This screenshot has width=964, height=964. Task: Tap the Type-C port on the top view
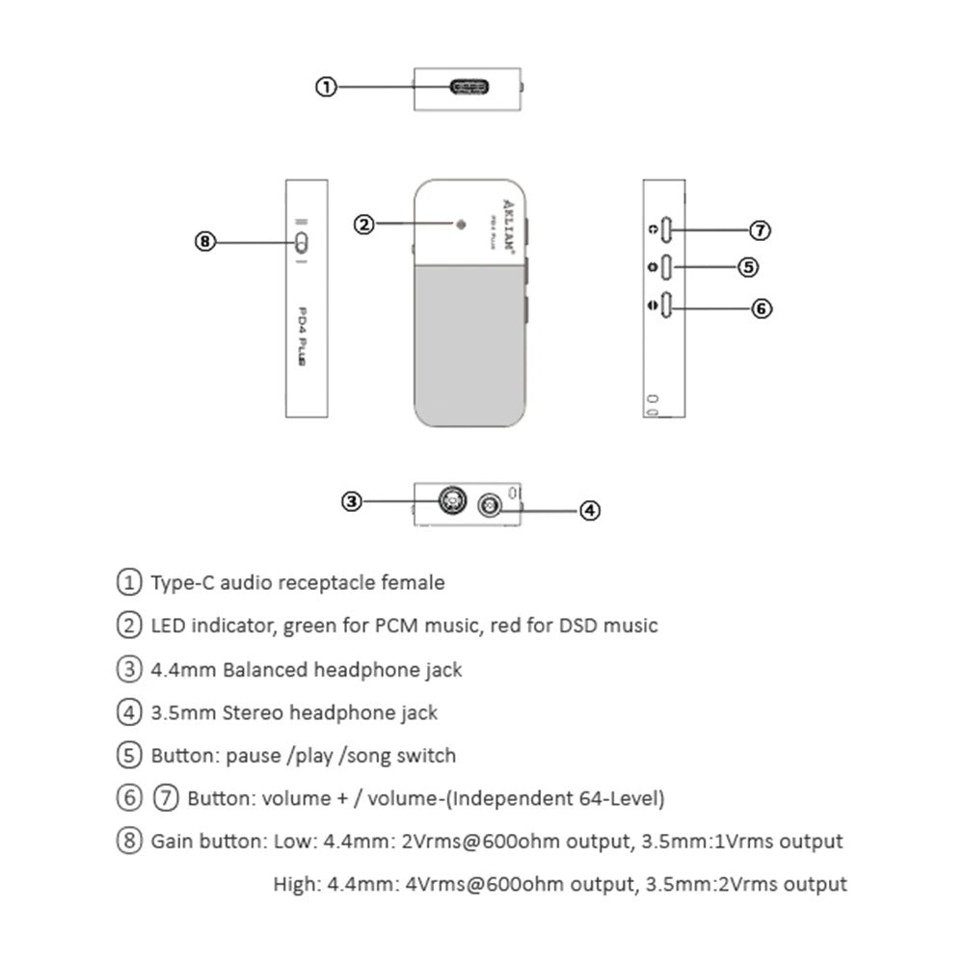pyautogui.click(x=469, y=88)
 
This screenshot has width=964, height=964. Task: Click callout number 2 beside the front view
pyautogui.click(x=363, y=225)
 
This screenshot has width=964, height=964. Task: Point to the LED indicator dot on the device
pyautogui.click(x=460, y=225)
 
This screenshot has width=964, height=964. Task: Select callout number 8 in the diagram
pyautogui.click(x=204, y=242)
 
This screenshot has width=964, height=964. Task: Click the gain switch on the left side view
pyautogui.click(x=301, y=241)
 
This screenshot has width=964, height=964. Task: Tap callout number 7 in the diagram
pyautogui.click(x=761, y=230)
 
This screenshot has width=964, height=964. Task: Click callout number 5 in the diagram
pyautogui.click(x=748, y=267)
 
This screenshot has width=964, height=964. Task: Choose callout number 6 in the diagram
pyautogui.click(x=761, y=308)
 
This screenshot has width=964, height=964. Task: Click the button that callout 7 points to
pyautogui.click(x=667, y=230)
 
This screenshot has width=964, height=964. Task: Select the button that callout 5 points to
pyautogui.click(x=667, y=267)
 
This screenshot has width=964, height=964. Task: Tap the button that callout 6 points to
pyautogui.click(x=667, y=308)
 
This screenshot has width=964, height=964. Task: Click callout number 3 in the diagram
pyautogui.click(x=352, y=500)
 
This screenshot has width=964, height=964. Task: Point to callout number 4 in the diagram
pyautogui.click(x=590, y=510)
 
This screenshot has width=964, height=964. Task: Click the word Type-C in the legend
pyautogui.click(x=182, y=582)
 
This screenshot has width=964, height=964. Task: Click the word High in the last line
pyautogui.click(x=294, y=884)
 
